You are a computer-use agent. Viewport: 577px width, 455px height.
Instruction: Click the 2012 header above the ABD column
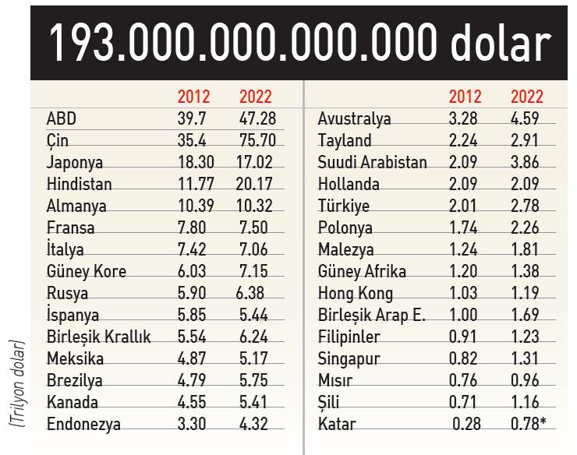click(x=193, y=97)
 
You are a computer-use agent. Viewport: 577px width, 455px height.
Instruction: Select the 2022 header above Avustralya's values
click(x=527, y=97)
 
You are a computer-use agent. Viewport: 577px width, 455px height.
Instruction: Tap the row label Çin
click(x=58, y=141)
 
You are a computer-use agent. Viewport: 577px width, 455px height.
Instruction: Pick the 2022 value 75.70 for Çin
click(x=255, y=141)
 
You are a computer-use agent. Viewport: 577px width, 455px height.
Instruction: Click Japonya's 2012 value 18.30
click(x=193, y=163)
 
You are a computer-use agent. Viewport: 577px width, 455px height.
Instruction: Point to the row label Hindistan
click(x=80, y=185)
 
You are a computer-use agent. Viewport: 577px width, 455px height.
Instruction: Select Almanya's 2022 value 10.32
click(x=255, y=206)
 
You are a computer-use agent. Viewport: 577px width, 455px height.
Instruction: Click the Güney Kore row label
click(x=87, y=272)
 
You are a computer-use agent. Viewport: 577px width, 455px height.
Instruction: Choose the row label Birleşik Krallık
click(x=99, y=337)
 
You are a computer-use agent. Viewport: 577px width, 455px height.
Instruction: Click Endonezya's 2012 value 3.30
click(x=193, y=425)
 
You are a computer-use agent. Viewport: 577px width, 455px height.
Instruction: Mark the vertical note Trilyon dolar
click(x=17, y=382)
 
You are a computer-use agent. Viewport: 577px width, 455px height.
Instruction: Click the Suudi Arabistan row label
click(x=373, y=163)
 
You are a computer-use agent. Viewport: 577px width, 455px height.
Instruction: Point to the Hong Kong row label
click(x=356, y=294)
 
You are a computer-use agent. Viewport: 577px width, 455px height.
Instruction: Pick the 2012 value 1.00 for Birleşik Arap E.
click(x=465, y=316)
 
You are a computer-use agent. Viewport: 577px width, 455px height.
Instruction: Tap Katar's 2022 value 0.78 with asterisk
click(x=530, y=425)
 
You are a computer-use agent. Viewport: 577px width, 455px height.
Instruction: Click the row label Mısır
click(x=335, y=381)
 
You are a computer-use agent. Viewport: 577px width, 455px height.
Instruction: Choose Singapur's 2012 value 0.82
click(x=465, y=359)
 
